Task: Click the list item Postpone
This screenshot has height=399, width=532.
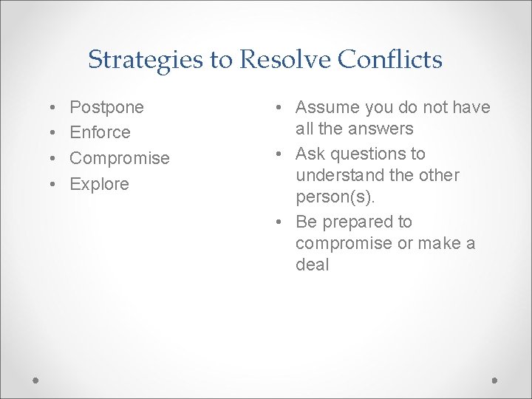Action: pyautogui.click(x=106, y=108)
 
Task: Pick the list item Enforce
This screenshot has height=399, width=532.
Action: pyautogui.click(x=100, y=133)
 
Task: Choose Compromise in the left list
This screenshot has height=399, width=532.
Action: pyautogui.click(x=119, y=159)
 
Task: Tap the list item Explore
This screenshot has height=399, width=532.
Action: pyautogui.click(x=99, y=184)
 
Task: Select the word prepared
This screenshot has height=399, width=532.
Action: pyautogui.click(x=358, y=222)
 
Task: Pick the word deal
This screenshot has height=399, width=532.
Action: pyautogui.click(x=312, y=265)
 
